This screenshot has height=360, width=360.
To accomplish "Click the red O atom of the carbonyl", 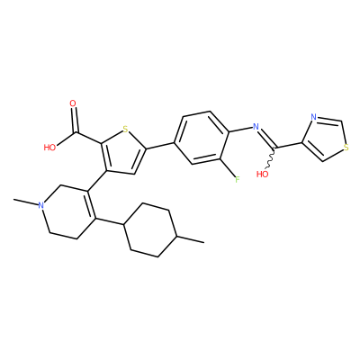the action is click(x=73, y=103).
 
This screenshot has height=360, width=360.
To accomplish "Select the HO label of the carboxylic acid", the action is click(x=49, y=148).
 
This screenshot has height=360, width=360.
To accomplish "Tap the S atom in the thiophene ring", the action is click(x=125, y=130).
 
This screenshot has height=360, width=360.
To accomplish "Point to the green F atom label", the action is click(x=237, y=180).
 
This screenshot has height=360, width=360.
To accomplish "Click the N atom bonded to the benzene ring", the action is click(x=256, y=127).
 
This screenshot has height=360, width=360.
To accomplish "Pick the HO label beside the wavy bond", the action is click(x=263, y=174).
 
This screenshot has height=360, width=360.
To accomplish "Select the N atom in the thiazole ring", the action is click(x=314, y=117).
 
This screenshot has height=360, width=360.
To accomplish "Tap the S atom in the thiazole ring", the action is click(x=346, y=148).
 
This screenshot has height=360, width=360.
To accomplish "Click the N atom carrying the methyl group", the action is click(x=41, y=205).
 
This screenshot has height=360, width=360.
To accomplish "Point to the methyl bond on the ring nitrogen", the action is click(x=26, y=202).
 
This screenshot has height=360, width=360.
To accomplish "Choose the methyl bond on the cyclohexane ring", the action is click(x=191, y=239).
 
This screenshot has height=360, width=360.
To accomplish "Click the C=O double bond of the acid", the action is click(x=75, y=120).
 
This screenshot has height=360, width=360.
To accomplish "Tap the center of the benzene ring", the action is click(x=202, y=138).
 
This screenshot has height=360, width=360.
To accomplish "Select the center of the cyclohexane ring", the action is click(x=150, y=230).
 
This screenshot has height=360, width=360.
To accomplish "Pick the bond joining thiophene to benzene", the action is click(x=160, y=145).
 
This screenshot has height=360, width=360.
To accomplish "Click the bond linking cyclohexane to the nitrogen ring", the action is click(x=110, y=221).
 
